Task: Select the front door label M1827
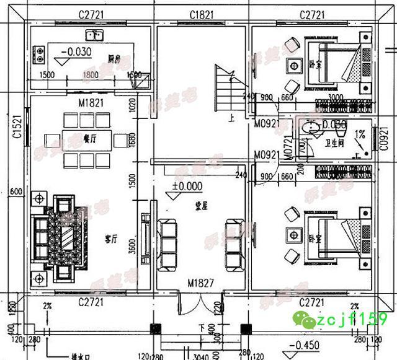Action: [201, 284]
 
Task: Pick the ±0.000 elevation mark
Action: [187, 185]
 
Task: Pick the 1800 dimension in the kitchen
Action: [91, 74]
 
